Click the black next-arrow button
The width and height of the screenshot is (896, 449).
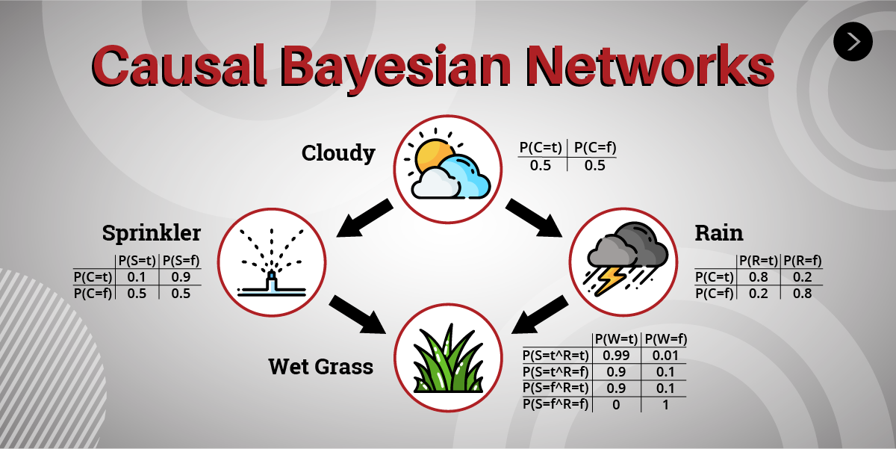(x=853, y=42)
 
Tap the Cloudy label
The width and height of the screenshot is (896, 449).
(x=338, y=153)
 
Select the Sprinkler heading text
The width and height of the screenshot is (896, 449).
(x=152, y=233)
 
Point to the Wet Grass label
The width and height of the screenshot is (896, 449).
(x=321, y=367)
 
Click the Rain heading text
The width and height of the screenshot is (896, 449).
(x=719, y=233)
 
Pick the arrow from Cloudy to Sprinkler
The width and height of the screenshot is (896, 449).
(x=364, y=218)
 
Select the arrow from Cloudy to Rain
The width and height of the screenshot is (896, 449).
(x=534, y=218)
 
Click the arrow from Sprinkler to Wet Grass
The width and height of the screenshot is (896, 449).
(x=357, y=315)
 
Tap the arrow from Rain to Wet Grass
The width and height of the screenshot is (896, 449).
(x=540, y=315)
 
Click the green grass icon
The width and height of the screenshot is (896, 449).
(x=448, y=359)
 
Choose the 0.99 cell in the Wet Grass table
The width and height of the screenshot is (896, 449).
(x=616, y=356)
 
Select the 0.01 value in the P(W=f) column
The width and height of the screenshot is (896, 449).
(x=665, y=356)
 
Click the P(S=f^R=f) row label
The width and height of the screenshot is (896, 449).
(x=556, y=404)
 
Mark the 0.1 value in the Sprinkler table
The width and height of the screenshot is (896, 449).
(x=137, y=277)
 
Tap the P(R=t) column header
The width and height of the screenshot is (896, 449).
(x=759, y=261)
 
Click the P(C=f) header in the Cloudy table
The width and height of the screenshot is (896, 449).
(x=595, y=148)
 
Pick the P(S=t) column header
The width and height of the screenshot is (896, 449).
(x=137, y=261)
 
